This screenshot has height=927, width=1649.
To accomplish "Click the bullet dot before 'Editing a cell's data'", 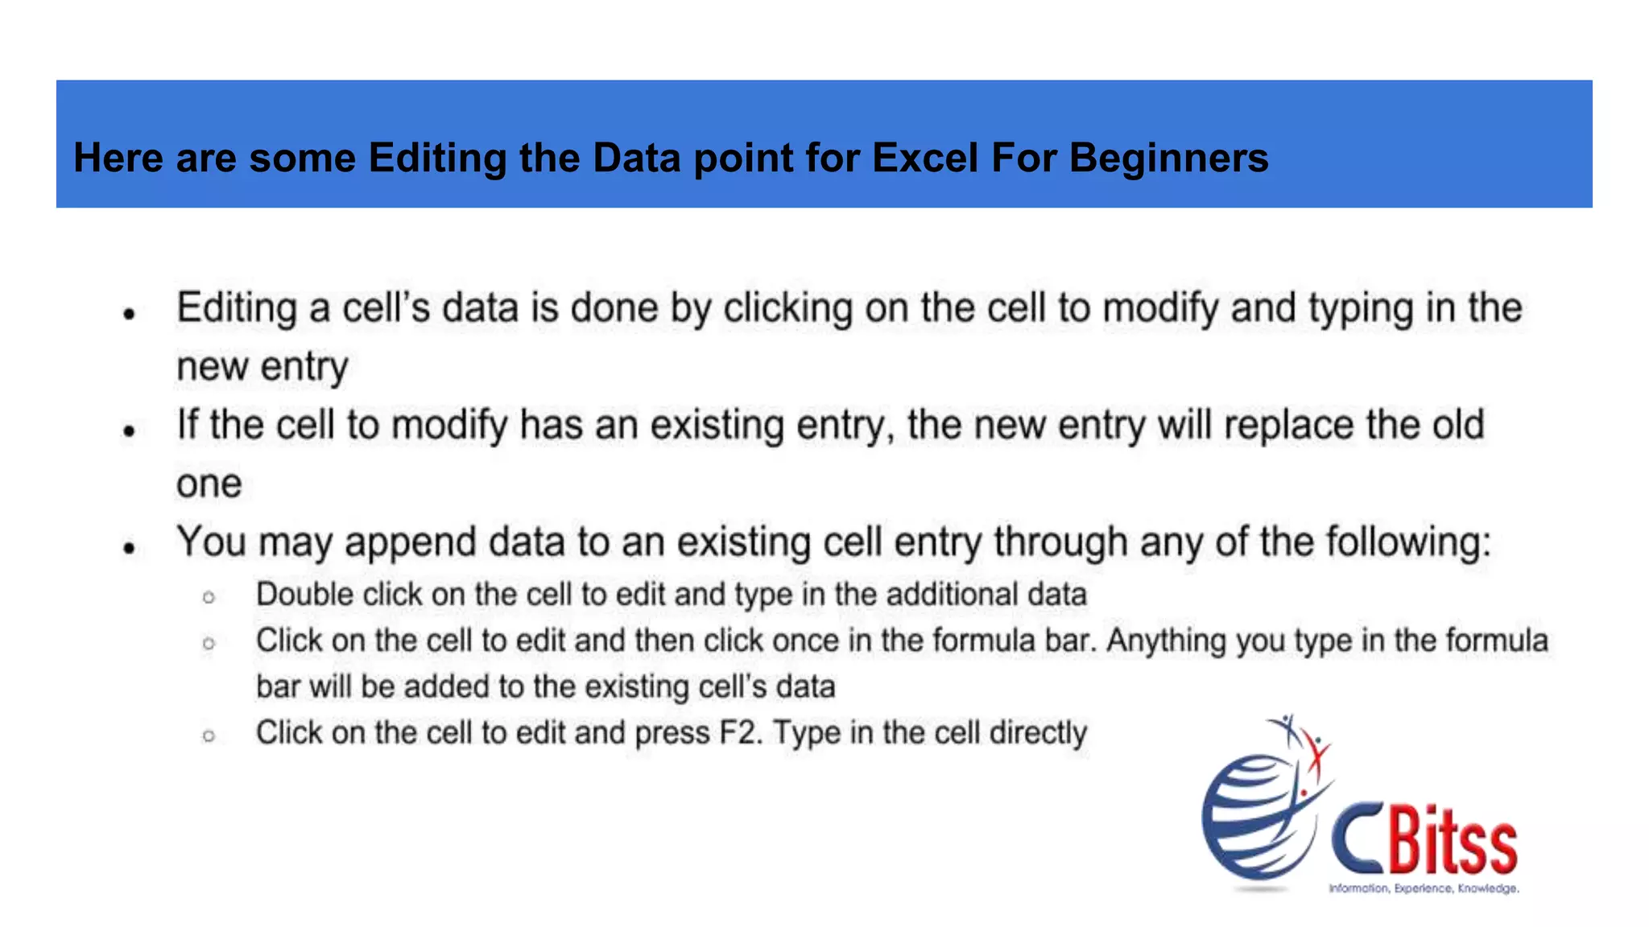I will click(129, 314).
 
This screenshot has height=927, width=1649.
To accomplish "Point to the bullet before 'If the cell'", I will click(129, 431).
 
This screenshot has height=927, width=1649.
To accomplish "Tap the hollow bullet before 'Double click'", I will click(209, 597).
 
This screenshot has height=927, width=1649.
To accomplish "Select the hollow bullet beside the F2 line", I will click(209, 735).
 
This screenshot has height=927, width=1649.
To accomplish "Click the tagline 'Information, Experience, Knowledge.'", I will click(1424, 888).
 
